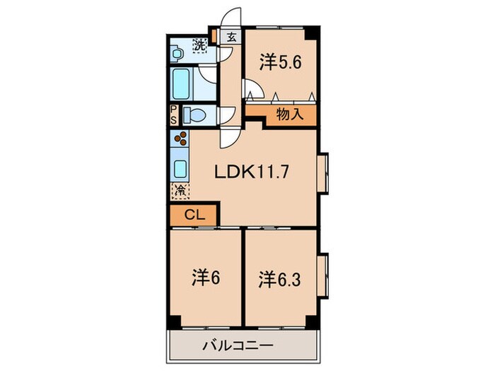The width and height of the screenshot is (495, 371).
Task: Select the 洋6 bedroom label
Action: coord(204,278)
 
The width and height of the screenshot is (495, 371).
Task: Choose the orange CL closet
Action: coord(194,216)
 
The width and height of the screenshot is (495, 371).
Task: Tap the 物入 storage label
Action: coord(290,113)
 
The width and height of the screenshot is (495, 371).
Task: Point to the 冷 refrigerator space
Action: coord(180,190)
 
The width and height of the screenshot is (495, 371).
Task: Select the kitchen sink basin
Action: coord(181,169)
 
